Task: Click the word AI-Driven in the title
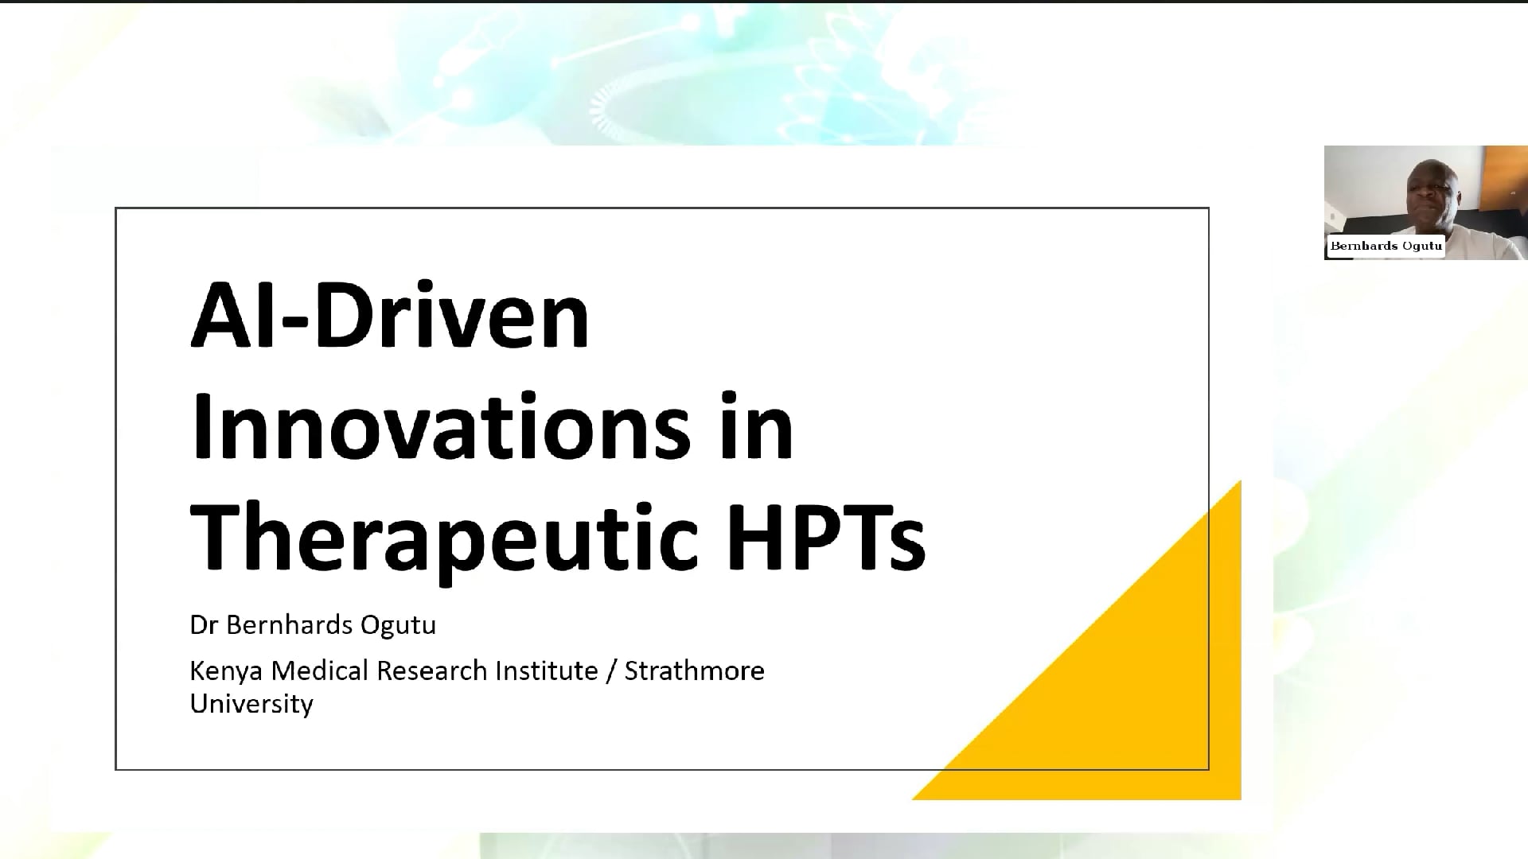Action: click(x=390, y=315)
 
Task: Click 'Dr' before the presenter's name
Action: click(x=203, y=625)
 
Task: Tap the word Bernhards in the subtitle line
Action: click(x=290, y=625)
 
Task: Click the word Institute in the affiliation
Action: click(x=547, y=670)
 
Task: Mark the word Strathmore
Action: click(x=695, y=670)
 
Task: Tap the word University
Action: click(x=251, y=705)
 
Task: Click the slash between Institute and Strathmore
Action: click(x=611, y=672)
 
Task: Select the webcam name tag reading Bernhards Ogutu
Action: click(x=1386, y=246)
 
